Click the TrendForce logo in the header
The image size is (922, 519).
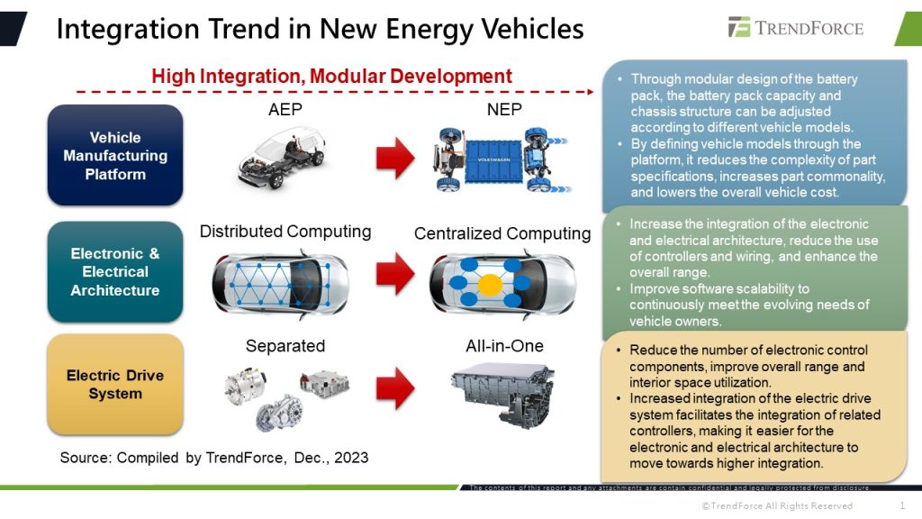pyautogui.click(x=795, y=27)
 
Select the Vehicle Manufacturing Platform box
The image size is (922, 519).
pyautogui.click(x=115, y=155)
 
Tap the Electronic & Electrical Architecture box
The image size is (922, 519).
pyautogui.click(x=115, y=271)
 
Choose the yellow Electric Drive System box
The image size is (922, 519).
pyautogui.click(x=115, y=384)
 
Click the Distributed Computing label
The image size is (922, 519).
pyautogui.click(x=285, y=232)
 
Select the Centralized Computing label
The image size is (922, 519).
pyautogui.click(x=502, y=233)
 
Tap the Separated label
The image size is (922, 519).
pyautogui.click(x=285, y=346)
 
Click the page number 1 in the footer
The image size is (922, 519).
pyautogui.click(x=902, y=505)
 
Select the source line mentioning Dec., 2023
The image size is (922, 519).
pyautogui.click(x=214, y=458)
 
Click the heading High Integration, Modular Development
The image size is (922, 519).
pyautogui.click(x=331, y=77)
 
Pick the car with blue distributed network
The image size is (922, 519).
pyautogui.click(x=280, y=281)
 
